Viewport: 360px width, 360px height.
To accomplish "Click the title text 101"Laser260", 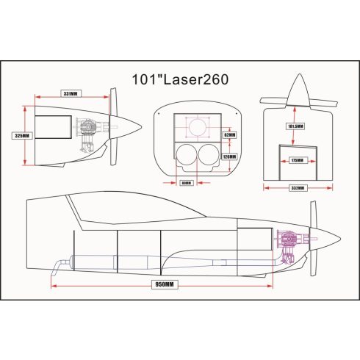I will pos(180,79).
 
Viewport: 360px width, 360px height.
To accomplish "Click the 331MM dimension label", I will pos(71,94).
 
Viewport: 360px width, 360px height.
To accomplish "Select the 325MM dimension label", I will pos(22,136).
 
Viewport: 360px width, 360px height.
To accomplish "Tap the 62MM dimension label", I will pos(228,134).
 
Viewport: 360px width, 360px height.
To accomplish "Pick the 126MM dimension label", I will pos(228,156).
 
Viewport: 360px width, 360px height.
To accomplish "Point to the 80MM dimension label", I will pos(186,183).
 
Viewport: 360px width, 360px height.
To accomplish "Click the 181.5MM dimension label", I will pos(295,126).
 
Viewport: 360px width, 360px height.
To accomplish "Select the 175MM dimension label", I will pos(297,159).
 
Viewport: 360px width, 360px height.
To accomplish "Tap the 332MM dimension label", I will pos(298,187).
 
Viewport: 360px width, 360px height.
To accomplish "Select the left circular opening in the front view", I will pos(184,156).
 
